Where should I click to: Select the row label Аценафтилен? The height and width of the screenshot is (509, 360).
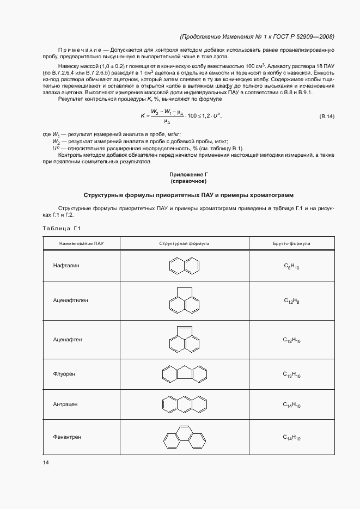click(x=70, y=300)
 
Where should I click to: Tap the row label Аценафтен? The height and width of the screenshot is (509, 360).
click(x=68, y=339)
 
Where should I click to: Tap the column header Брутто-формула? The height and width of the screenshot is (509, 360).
click(x=292, y=244)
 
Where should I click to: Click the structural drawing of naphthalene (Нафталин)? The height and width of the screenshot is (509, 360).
click(x=185, y=266)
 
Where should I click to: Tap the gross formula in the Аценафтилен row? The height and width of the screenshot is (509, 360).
click(x=292, y=301)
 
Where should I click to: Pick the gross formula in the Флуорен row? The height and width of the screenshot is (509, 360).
click(x=292, y=375)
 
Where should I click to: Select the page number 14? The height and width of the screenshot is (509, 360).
click(x=46, y=463)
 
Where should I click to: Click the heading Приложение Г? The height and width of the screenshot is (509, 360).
click(x=188, y=175)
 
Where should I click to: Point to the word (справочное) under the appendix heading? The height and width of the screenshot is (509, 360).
click(x=188, y=181)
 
